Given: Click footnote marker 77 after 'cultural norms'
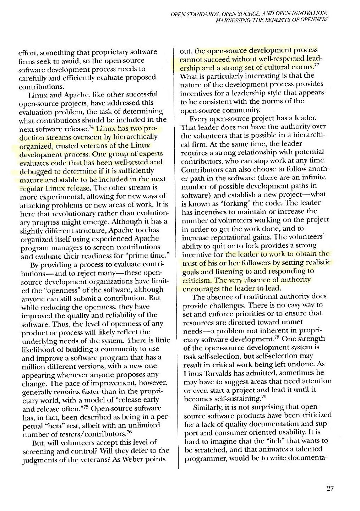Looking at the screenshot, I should [317, 65].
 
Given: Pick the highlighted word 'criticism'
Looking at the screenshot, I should [196, 280].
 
